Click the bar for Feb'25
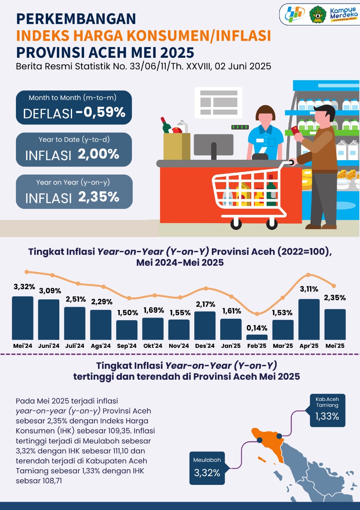257,337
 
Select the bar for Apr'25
309,319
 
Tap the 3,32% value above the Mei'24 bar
24,287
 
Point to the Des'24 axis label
205,346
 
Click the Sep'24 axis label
127,346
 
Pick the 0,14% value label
257,328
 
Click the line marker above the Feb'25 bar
257,314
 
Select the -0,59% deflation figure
100,113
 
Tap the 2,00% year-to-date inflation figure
99,154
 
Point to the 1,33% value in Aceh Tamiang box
327,416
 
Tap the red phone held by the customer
295,131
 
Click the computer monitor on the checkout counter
213,144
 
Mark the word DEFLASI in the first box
48,114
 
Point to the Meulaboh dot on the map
260,440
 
